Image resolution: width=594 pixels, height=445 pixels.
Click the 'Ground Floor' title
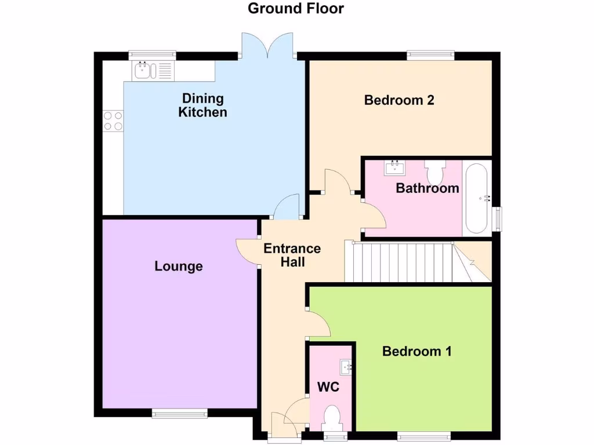point(296,9)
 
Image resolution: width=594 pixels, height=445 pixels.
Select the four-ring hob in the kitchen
point(113,121)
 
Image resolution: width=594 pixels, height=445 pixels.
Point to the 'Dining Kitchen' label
point(202,105)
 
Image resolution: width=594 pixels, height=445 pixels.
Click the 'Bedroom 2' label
point(399,100)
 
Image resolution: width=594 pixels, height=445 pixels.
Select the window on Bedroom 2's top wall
point(430,55)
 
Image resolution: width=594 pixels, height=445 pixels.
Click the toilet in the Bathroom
point(434,172)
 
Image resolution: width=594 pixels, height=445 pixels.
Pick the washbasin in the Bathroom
point(394,168)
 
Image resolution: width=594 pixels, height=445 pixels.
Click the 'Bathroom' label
point(428,188)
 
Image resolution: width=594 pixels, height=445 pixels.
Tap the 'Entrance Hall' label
point(292,255)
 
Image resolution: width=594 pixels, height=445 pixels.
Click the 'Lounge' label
point(179,267)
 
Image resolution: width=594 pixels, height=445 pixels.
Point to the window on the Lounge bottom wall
point(179,413)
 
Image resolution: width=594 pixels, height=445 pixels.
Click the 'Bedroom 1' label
point(416,352)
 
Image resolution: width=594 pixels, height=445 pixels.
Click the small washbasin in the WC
point(346,366)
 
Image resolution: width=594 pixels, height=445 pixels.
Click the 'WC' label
point(328,386)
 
